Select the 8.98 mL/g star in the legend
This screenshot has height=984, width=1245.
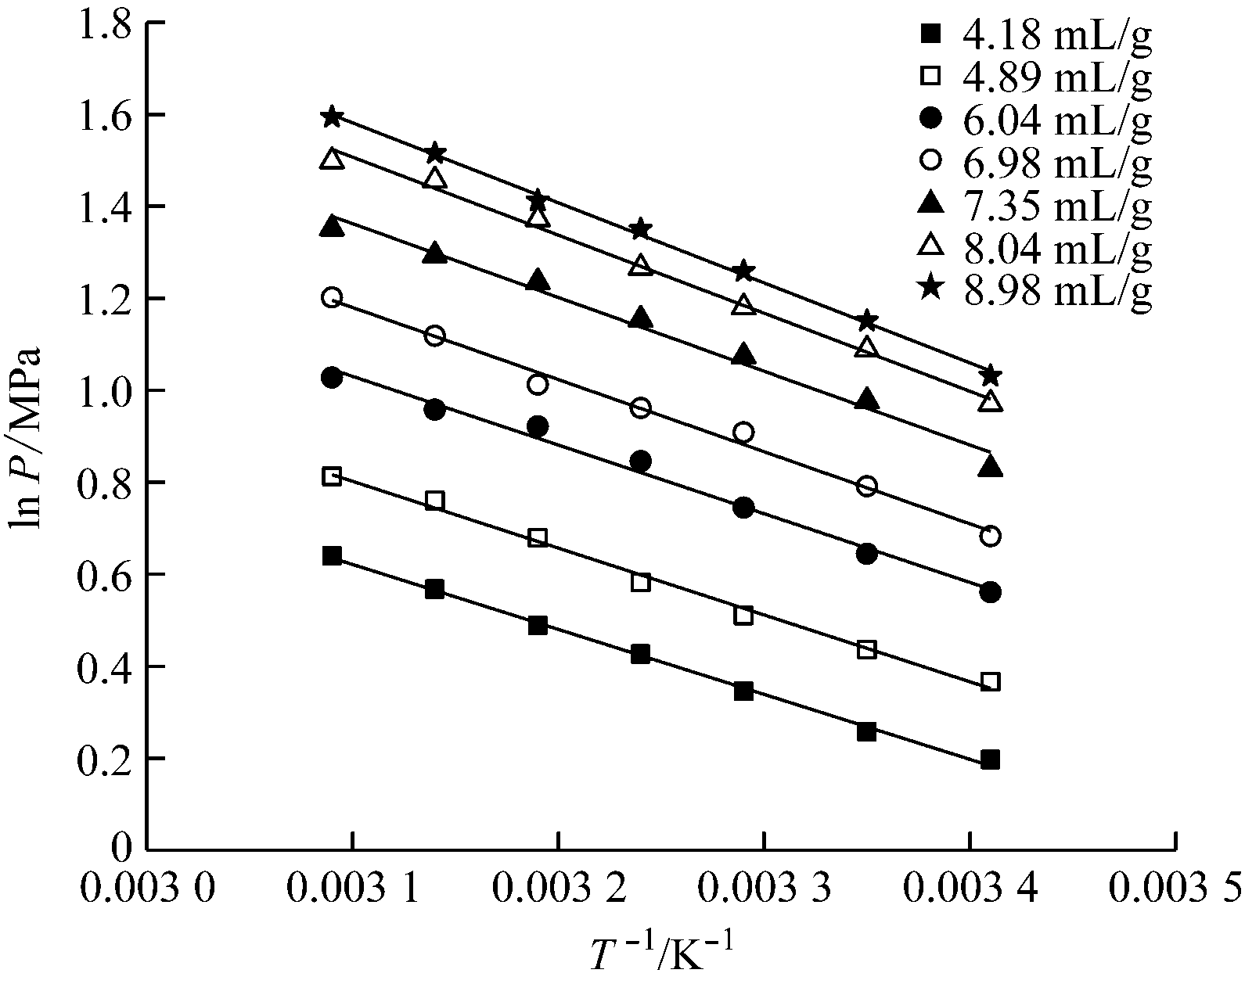click(x=930, y=288)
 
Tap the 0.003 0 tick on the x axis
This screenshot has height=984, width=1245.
click(x=148, y=889)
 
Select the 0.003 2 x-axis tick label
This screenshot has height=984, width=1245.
click(x=559, y=889)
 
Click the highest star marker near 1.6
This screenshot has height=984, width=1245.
click(x=332, y=117)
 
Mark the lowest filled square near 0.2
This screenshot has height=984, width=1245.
click(x=990, y=760)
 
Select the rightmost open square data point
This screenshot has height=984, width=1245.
click(x=990, y=682)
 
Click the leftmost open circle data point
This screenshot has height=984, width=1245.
click(x=332, y=298)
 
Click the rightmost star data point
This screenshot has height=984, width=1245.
click(x=990, y=375)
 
